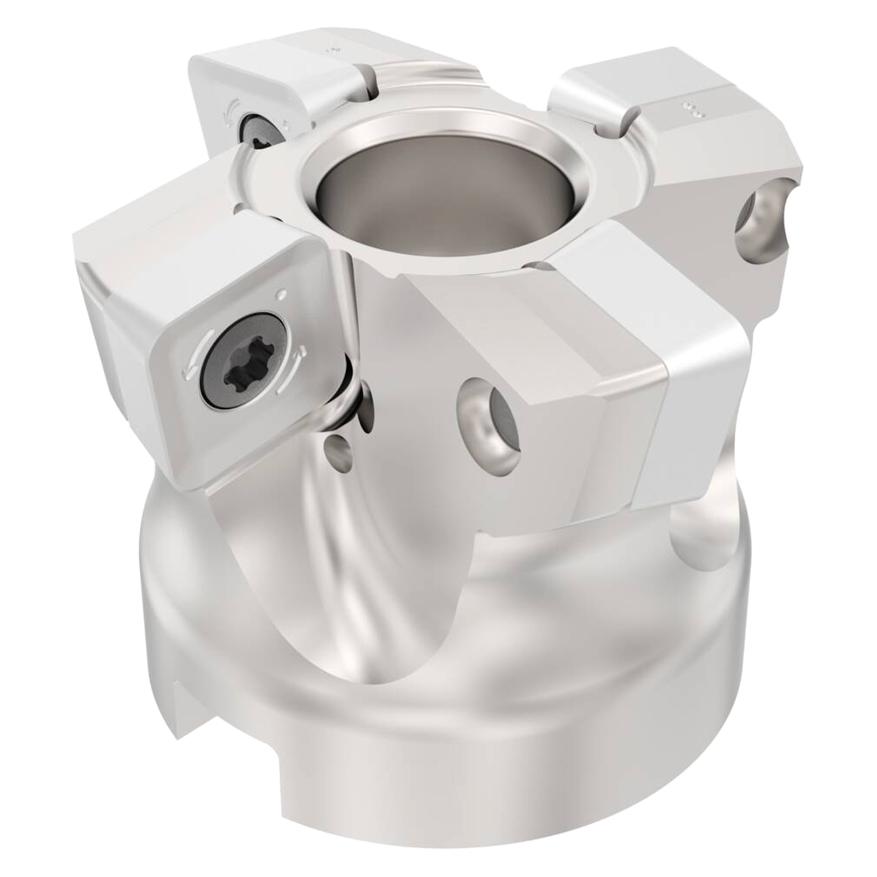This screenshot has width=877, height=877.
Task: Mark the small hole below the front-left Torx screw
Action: [x=336, y=449]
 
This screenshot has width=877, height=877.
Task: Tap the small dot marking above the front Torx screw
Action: [x=282, y=295]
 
